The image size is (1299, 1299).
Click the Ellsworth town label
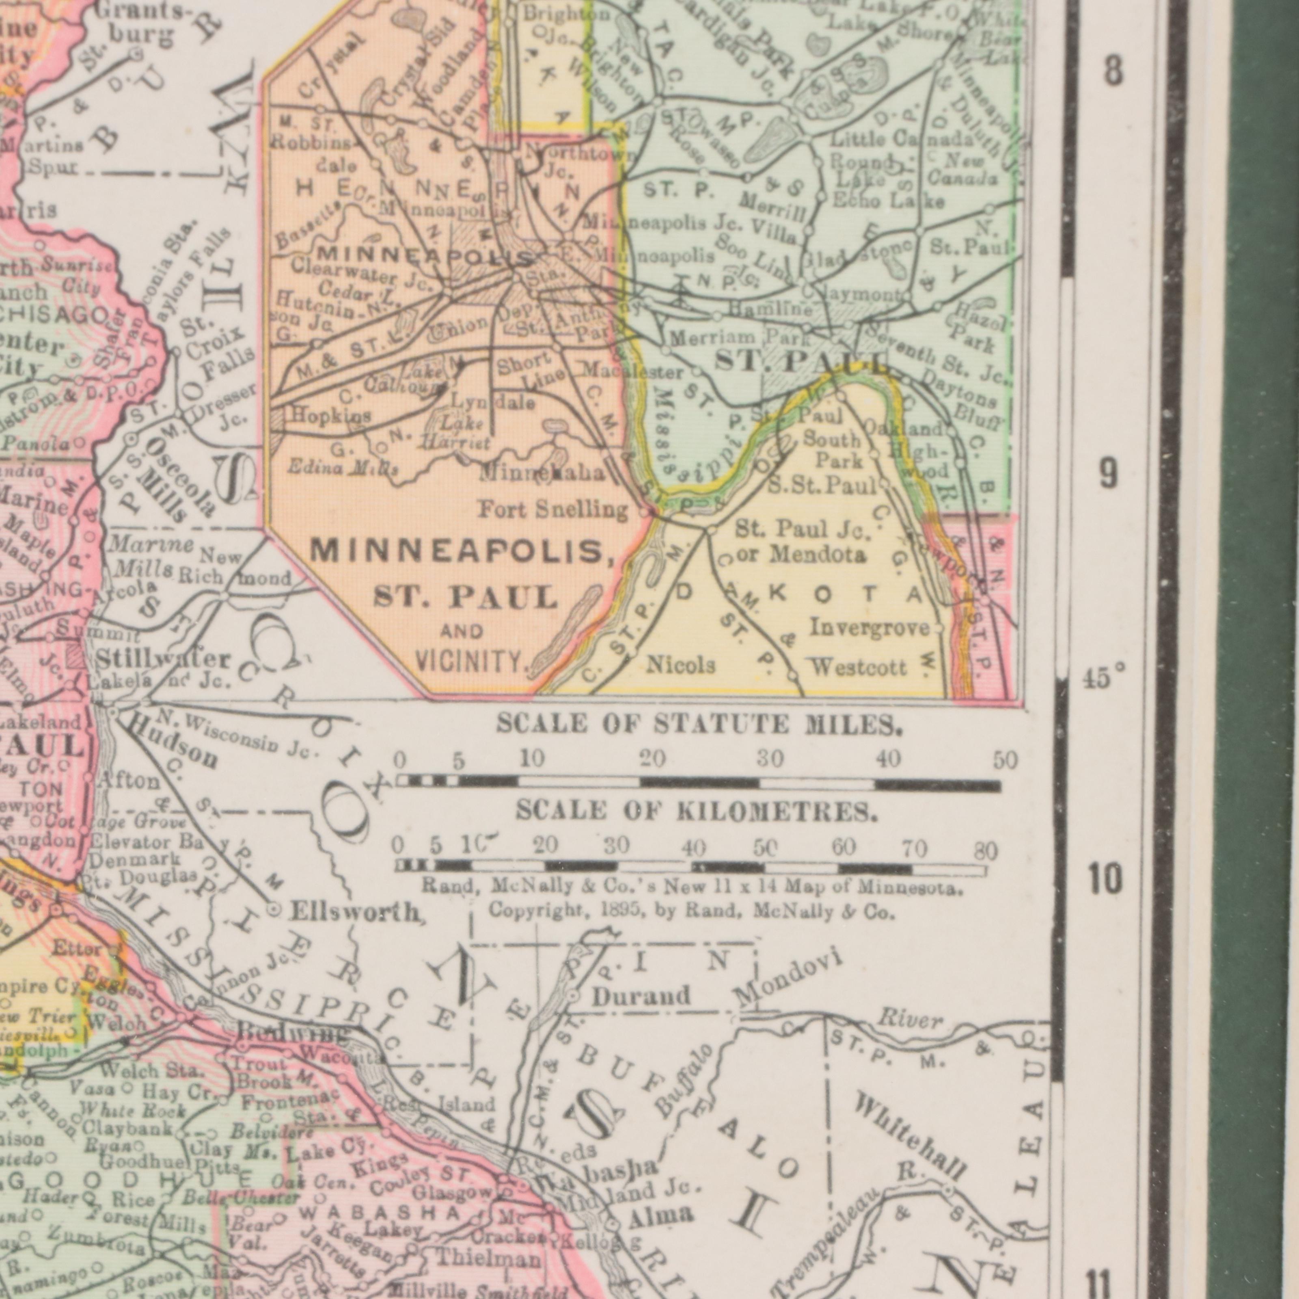point(356,913)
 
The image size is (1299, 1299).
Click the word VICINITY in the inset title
point(472,662)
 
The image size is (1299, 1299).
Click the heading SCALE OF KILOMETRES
point(697,812)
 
